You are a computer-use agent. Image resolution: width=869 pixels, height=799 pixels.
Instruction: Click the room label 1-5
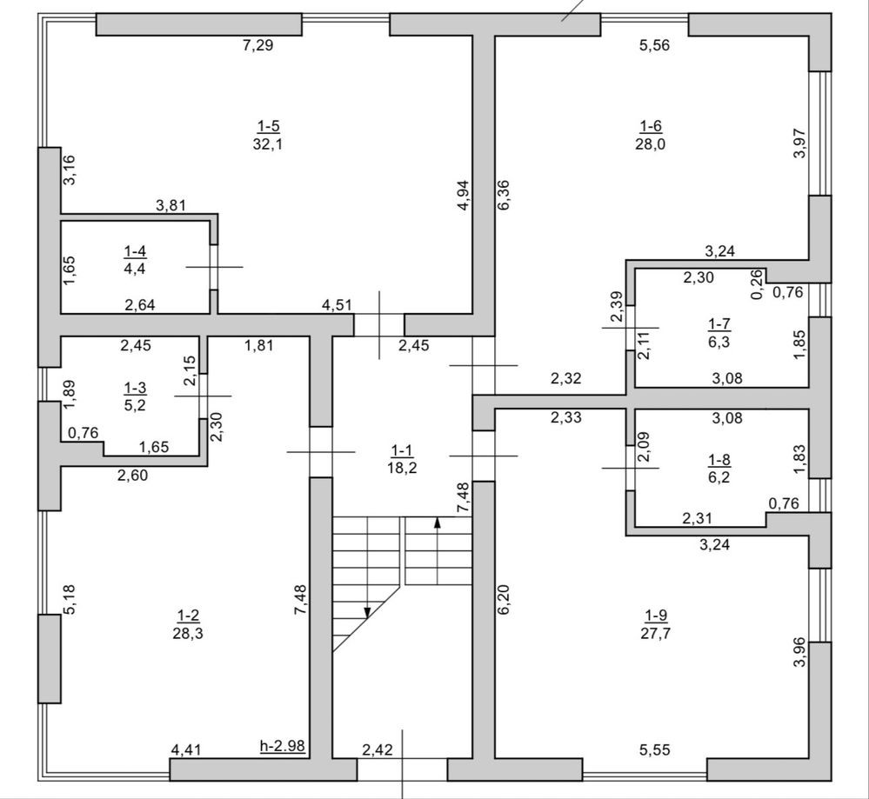(x=268, y=126)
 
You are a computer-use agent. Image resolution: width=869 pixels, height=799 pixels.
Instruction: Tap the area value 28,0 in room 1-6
(x=651, y=144)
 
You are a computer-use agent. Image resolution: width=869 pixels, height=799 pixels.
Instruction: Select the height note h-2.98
(x=283, y=746)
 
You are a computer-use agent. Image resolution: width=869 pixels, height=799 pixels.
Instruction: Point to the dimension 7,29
(x=258, y=45)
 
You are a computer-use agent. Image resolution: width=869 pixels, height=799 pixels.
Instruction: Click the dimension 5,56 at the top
(x=654, y=45)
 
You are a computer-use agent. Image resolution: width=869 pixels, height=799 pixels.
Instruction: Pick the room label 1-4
(x=135, y=251)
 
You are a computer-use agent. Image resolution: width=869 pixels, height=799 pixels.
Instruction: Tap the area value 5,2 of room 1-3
(x=135, y=405)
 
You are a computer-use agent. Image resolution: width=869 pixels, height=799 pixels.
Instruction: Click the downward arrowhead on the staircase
(x=367, y=612)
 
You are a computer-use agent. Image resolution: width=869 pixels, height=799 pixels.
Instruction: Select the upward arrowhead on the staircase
(x=438, y=523)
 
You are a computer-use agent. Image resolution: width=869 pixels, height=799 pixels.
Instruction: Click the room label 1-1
(x=403, y=449)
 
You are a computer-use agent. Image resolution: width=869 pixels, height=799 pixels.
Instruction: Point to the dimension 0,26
(x=757, y=285)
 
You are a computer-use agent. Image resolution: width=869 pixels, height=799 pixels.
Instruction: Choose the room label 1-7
(x=719, y=323)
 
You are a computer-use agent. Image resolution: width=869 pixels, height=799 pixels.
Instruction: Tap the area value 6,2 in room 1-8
(x=719, y=477)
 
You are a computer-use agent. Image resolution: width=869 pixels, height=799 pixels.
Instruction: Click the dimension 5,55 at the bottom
(x=654, y=750)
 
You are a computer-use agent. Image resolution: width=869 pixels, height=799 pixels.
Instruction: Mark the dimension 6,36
(x=504, y=195)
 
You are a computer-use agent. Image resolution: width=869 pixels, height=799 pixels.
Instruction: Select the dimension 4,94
(x=464, y=195)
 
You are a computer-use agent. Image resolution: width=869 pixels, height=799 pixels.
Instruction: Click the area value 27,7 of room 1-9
(x=656, y=633)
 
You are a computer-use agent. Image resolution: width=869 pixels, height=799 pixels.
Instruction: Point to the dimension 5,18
(x=70, y=600)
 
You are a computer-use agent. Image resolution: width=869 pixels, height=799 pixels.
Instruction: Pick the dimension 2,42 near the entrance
(x=378, y=750)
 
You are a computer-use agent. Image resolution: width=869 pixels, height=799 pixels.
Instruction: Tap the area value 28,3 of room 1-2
(x=188, y=633)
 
